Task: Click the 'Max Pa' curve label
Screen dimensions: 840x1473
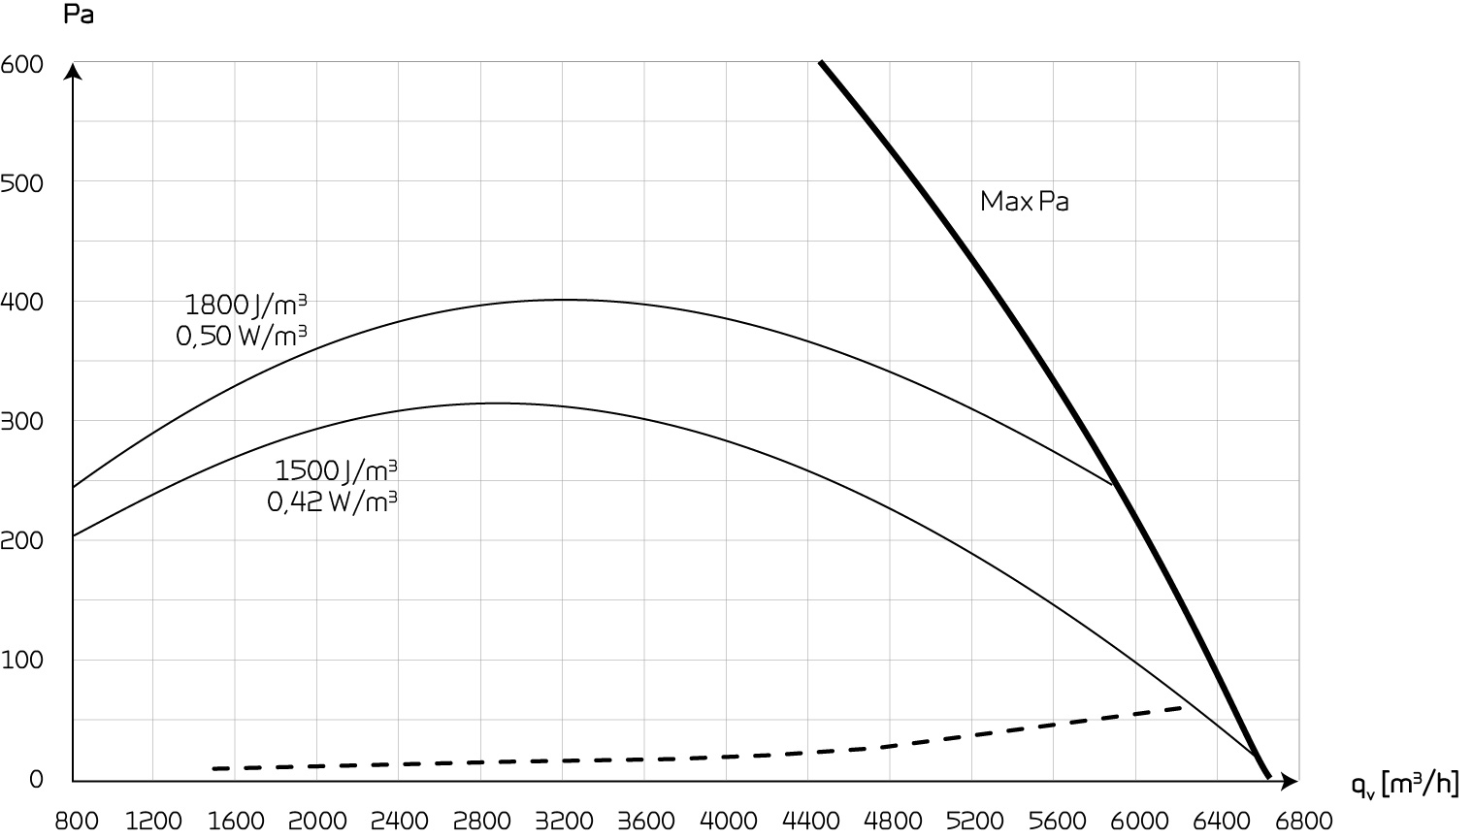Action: tap(1024, 202)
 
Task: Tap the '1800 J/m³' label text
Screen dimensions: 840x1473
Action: tap(245, 305)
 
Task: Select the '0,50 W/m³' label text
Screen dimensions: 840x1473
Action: tap(242, 336)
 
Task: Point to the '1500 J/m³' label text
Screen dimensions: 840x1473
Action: tap(336, 470)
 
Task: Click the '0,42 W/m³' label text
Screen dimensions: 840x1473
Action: tap(333, 501)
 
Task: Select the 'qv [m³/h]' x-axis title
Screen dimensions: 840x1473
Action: tap(1404, 785)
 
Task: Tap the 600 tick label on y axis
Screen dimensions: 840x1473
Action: tap(22, 65)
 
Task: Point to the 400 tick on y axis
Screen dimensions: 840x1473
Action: tap(22, 303)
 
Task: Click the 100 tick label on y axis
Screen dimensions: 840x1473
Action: tap(22, 661)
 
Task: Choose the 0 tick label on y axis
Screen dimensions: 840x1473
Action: tap(36, 780)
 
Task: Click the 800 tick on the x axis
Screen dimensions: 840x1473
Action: tap(77, 821)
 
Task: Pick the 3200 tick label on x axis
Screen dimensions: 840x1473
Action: tap(564, 821)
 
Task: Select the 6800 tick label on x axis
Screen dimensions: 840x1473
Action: tap(1298, 821)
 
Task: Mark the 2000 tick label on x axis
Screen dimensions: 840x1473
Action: tap(318, 821)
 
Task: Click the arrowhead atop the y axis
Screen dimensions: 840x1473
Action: tap(73, 70)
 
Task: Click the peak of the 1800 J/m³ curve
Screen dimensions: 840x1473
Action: tap(566, 300)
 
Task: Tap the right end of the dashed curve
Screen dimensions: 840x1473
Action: tap(1181, 708)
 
